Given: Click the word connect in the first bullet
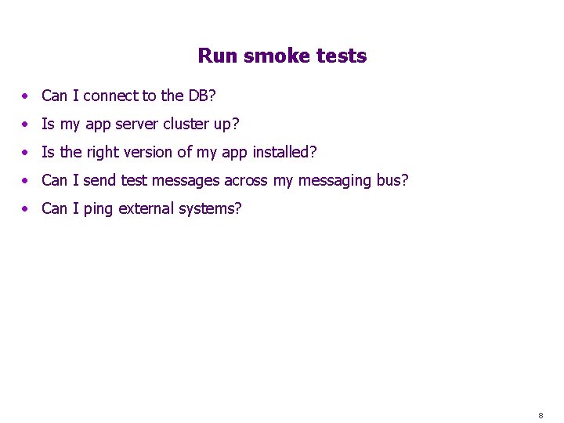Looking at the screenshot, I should (x=110, y=96).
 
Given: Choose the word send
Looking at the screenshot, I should (x=99, y=181).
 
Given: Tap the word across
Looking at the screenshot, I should (x=246, y=181).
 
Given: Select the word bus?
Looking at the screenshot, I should (x=392, y=181).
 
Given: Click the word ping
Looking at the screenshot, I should (x=98, y=209).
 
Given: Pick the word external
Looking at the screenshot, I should (x=146, y=209).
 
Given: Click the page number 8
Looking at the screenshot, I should (x=540, y=415).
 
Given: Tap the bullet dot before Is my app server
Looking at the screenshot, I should (x=26, y=125).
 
